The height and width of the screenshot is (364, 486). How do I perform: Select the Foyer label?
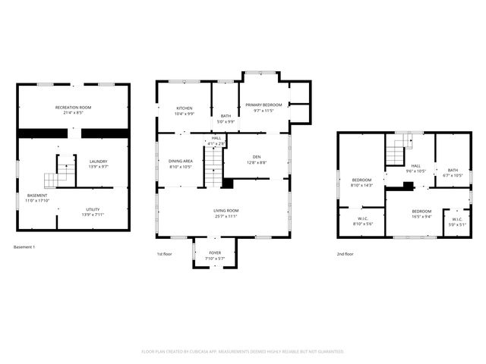(215, 254)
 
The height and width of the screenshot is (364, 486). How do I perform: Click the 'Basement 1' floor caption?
(24, 246)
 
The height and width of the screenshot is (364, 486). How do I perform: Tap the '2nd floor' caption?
(346, 254)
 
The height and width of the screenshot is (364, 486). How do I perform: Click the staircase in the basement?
(61, 173)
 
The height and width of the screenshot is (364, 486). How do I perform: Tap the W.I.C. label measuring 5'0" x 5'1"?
(456, 220)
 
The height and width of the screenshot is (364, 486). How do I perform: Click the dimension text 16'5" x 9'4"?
(421, 216)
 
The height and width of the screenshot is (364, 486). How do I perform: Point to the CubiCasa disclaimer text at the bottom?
(243, 351)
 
